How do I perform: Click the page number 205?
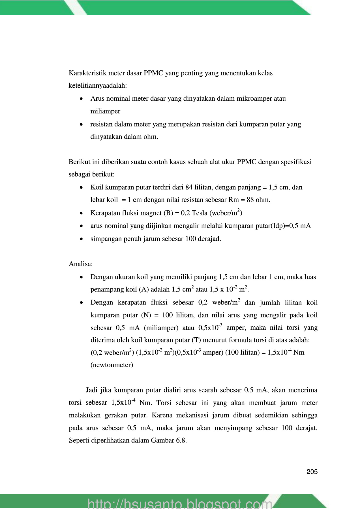coord(312,472)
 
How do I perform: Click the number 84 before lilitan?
coord(189,187)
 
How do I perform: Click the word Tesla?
coord(200,213)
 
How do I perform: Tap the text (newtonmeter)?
coord(112,365)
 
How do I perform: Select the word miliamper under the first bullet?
coord(105,111)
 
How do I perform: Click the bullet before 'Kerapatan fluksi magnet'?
coord(82,213)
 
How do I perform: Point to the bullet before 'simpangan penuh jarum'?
coord(82,239)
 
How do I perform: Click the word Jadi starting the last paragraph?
coord(91,390)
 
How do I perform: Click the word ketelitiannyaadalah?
coord(97,86)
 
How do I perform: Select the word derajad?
coord(211,239)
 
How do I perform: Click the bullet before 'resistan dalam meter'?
coord(82,124)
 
